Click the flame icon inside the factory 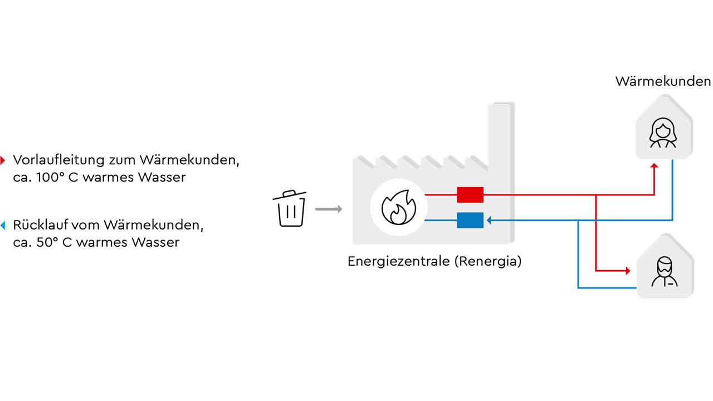(x=398, y=207)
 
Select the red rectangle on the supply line (x=470, y=195)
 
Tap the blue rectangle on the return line (x=470, y=221)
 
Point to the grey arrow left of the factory (x=329, y=209)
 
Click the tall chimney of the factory (x=501, y=134)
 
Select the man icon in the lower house (x=665, y=272)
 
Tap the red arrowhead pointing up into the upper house (x=655, y=166)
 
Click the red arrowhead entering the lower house (x=628, y=271)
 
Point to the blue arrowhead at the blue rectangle (x=489, y=221)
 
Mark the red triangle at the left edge (x=2, y=160)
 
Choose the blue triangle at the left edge (x=3, y=226)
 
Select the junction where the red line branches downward (x=596, y=195)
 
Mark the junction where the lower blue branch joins (x=578, y=221)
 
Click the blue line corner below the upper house (x=672, y=221)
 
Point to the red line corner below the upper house (x=655, y=195)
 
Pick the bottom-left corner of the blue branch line (x=578, y=288)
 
